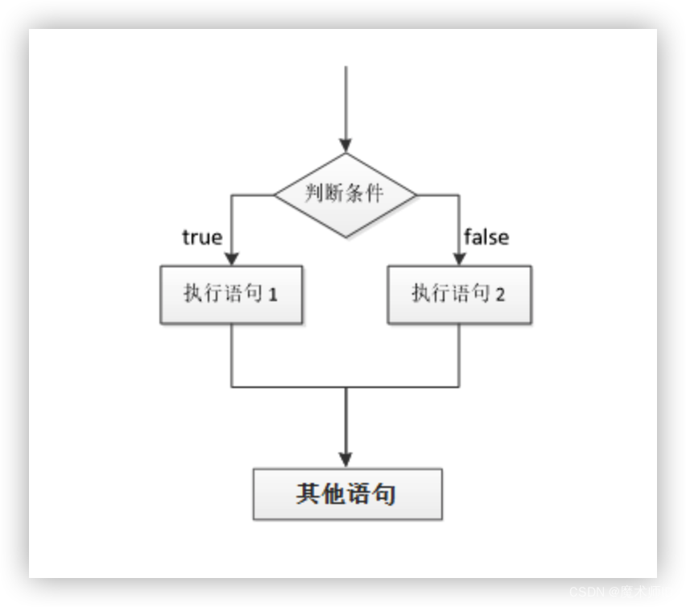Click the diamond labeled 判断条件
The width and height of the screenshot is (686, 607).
(345, 194)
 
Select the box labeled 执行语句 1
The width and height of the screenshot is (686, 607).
(231, 295)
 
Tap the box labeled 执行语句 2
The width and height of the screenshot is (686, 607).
(459, 295)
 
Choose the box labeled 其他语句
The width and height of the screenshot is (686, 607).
(347, 493)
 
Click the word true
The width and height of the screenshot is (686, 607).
(202, 237)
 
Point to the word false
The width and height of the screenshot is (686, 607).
(486, 237)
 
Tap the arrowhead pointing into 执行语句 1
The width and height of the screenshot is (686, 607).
(232, 258)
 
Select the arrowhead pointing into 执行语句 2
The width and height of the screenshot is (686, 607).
(459, 258)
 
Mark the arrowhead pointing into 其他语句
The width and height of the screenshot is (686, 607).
(346, 460)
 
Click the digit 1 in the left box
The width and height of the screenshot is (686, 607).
(273, 295)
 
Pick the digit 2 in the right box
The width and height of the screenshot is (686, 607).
(501, 295)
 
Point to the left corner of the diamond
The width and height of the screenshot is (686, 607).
(276, 194)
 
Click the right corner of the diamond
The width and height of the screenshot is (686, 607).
(415, 194)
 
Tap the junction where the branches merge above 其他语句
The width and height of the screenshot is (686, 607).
(346, 387)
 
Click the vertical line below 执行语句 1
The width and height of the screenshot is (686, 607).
(232, 355)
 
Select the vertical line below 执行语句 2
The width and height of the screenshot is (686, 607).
(459, 355)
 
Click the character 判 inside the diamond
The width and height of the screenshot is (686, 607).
(314, 194)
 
